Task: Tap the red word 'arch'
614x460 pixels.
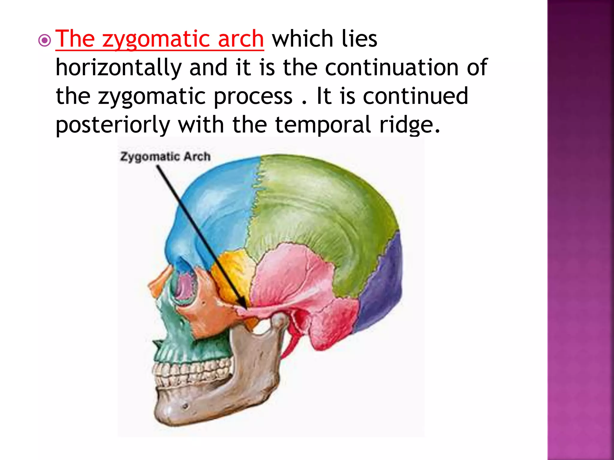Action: click(241, 39)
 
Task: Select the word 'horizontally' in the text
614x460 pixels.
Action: click(118, 68)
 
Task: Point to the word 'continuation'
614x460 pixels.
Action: click(392, 68)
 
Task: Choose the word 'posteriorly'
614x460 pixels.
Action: click(113, 125)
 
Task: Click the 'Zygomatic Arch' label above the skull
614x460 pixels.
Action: click(165, 157)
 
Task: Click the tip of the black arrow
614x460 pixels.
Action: click(246, 308)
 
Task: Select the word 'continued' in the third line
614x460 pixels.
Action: click(415, 96)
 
